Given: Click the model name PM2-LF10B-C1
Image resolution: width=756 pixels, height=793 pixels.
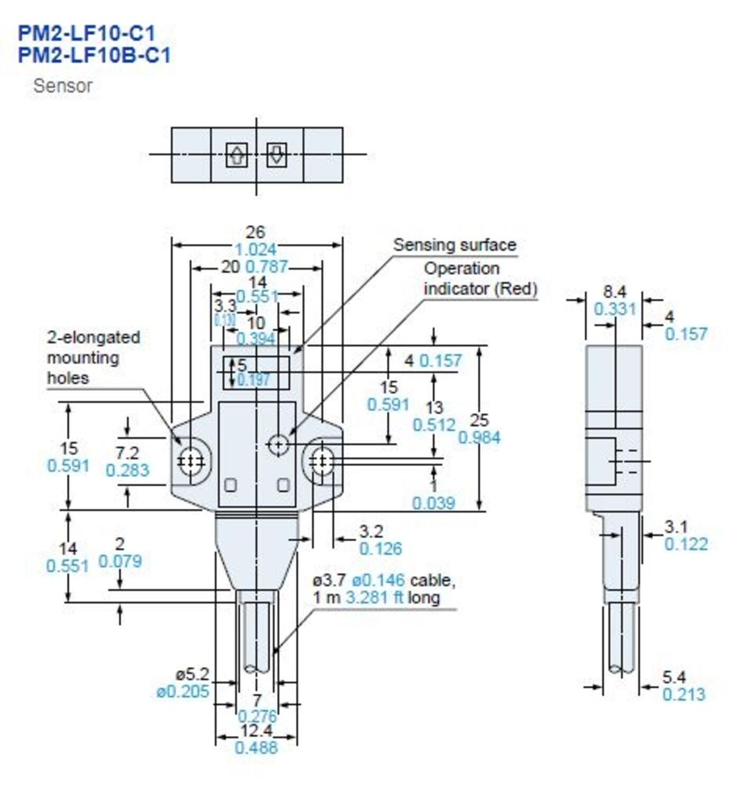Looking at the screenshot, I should [x=94, y=56].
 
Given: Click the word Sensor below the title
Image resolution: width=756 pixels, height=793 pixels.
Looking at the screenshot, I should [x=62, y=86].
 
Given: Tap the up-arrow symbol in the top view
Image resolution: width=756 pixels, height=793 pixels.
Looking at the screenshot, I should [x=236, y=155].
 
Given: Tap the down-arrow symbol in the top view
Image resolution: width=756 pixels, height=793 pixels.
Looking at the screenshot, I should [x=276, y=155].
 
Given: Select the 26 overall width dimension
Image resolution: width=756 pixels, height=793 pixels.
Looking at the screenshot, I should [x=255, y=232].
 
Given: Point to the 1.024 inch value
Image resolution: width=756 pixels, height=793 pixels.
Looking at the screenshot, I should [x=255, y=250].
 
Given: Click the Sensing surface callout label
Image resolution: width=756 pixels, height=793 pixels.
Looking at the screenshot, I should [x=454, y=245].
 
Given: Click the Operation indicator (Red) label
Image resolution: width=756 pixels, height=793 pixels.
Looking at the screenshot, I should [x=480, y=279].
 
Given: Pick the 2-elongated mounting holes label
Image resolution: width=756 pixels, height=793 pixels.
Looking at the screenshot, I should [x=94, y=357].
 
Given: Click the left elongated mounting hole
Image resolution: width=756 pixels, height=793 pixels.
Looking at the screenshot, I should [x=191, y=461].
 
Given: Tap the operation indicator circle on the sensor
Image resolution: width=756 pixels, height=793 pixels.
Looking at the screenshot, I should [x=278, y=444].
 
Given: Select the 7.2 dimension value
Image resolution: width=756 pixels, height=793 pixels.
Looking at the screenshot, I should [x=127, y=453].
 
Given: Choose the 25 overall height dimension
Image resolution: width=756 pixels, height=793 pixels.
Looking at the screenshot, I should [x=479, y=420].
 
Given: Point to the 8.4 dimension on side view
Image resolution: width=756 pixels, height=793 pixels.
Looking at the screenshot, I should [x=614, y=292].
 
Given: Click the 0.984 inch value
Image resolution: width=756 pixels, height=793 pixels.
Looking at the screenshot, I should [x=479, y=438].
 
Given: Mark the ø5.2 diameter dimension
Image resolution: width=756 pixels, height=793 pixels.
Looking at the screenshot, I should [x=193, y=674].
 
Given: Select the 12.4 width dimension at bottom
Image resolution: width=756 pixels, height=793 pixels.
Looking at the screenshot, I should [x=256, y=731].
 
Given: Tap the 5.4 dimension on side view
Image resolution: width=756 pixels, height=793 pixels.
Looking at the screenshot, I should [x=674, y=677].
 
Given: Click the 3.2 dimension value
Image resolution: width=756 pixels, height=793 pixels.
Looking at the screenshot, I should [x=371, y=531].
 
